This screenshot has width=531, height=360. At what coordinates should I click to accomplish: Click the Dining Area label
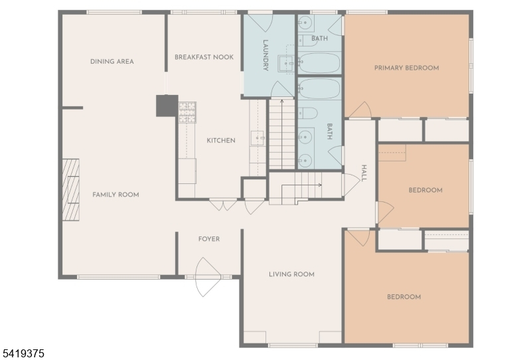pyautogui.click(x=112, y=62)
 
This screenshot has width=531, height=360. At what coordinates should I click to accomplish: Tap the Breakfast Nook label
pyautogui.click(x=204, y=57)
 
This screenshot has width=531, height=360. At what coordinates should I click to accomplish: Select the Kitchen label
pyautogui.click(x=221, y=140)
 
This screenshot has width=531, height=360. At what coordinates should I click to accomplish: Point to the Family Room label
pyautogui.click(x=115, y=195)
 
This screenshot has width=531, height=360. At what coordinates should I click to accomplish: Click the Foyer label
pyautogui.click(x=209, y=239)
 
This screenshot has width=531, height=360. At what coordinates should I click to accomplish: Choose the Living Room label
pyautogui.click(x=291, y=274)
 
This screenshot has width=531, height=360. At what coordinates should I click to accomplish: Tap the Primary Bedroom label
pyautogui.click(x=406, y=68)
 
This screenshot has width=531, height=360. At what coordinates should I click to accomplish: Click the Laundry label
pyautogui.click(x=265, y=55)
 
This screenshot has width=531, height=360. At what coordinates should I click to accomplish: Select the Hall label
pyautogui.click(x=364, y=173)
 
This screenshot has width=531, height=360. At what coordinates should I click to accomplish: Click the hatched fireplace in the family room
pyautogui.click(x=71, y=190)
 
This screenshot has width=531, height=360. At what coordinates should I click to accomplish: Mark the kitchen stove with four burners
pyautogui.click(x=187, y=112)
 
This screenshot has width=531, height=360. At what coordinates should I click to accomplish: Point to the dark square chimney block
pyautogui.click(x=167, y=106)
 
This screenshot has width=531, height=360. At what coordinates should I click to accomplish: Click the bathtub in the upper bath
pyautogui.click(x=319, y=62)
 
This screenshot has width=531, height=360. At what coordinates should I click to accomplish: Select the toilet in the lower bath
pyautogui.click(x=307, y=113)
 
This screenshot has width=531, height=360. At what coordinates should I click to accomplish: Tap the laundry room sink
pyautogui.click(x=286, y=64)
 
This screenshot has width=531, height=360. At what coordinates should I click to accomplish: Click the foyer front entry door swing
pyautogui.click(x=208, y=277)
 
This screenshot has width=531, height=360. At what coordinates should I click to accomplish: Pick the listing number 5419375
pyautogui.click(x=23, y=353)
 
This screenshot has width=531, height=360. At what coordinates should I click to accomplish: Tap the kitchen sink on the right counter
pyautogui.click(x=258, y=138)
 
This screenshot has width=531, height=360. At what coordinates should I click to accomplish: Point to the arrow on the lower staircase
pyautogui.click(x=301, y=185)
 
